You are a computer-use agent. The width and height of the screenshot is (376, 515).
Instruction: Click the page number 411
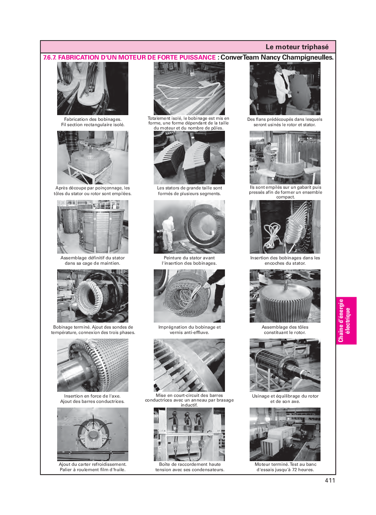pos(330,480)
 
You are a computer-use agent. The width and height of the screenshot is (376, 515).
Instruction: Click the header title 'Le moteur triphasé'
pos(297,47)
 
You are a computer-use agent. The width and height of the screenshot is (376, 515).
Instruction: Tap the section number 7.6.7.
pos(50,57)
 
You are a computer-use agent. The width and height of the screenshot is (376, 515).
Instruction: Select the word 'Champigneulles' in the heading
pos(307,58)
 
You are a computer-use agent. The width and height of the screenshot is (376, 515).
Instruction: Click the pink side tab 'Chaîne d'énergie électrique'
pos(346,321)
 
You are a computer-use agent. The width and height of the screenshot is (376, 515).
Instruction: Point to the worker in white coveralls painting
pos(168,233)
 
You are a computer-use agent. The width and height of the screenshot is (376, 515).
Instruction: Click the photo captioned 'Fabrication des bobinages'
pos(93,89)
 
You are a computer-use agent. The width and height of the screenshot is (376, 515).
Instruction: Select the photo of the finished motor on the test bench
pos(285,434)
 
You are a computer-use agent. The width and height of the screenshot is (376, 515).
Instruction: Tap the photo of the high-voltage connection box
pos(189,434)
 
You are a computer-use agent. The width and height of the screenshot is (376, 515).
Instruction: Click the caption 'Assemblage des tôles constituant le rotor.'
pos(285,330)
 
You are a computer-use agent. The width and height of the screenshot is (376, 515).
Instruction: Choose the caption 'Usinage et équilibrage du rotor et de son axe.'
pos(285,399)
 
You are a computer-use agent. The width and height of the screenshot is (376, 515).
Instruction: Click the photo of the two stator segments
pos(189,158)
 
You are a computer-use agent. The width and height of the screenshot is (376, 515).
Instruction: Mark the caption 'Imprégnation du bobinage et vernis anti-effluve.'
pos(189,330)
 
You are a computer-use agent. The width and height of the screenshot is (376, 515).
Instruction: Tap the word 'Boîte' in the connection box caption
pos(165,464)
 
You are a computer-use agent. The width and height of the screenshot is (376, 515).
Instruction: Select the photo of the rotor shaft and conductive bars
pos(93,365)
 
